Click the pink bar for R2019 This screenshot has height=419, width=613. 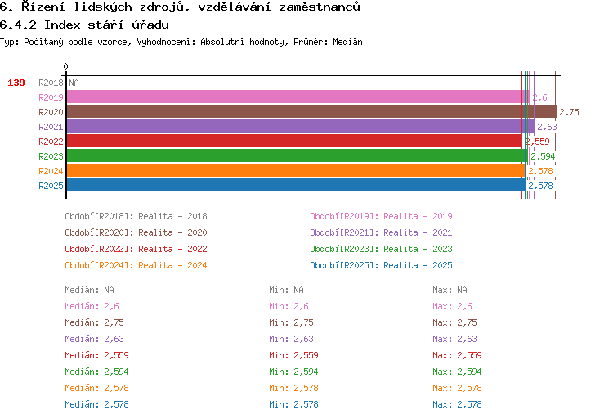(x=298, y=97)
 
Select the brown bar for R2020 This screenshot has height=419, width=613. (x=311, y=111)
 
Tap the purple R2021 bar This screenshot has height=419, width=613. (x=300, y=127)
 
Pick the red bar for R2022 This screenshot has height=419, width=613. (x=294, y=141)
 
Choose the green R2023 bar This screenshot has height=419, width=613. (x=298, y=155)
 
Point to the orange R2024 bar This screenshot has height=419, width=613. (x=296, y=171)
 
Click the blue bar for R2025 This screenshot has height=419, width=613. (x=296, y=185)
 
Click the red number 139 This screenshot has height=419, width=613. (x=16, y=83)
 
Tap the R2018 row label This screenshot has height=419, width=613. (x=51, y=83)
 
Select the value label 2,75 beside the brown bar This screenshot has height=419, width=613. (x=569, y=112)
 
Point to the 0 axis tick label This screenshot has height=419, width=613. (x=65, y=66)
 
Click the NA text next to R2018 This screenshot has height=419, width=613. (x=74, y=83)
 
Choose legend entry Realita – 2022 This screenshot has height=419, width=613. (x=172, y=249)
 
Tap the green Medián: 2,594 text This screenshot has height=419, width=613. (x=96, y=372)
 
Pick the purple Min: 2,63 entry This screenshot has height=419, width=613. (x=291, y=339)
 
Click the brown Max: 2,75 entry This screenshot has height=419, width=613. (x=454, y=322)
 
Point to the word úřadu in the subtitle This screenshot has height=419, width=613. (x=150, y=25)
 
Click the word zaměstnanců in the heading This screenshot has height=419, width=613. (x=320, y=7)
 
